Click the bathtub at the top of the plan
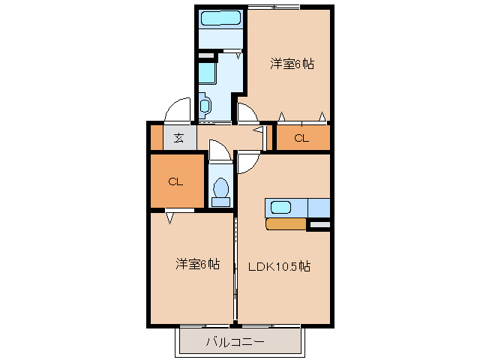(x=220, y=19)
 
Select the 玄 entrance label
(x=179, y=137)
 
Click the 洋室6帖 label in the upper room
(x=292, y=64)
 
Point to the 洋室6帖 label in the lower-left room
(x=198, y=264)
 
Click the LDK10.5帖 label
(x=280, y=266)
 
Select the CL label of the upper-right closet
(x=301, y=138)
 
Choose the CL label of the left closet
(x=175, y=181)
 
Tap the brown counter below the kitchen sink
(x=286, y=223)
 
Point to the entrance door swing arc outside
(x=177, y=110)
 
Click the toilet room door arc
(x=220, y=152)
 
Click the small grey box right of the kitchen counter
(x=319, y=224)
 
